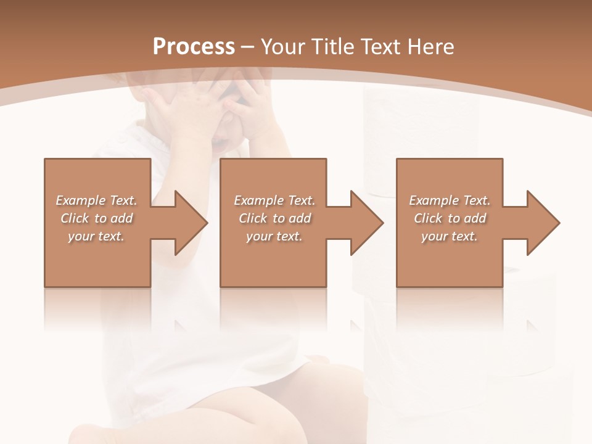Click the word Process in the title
coord(194,47)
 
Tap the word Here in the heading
coord(430,47)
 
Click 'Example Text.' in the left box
coord(97,200)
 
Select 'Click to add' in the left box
coord(97,218)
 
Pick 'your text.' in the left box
coord(97,236)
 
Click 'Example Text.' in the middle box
coord(274,200)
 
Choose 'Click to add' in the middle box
coord(274,218)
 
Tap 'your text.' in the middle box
coord(274,236)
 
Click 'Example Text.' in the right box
coord(450,200)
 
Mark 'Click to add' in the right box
coord(450,218)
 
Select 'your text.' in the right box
coord(450,236)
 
